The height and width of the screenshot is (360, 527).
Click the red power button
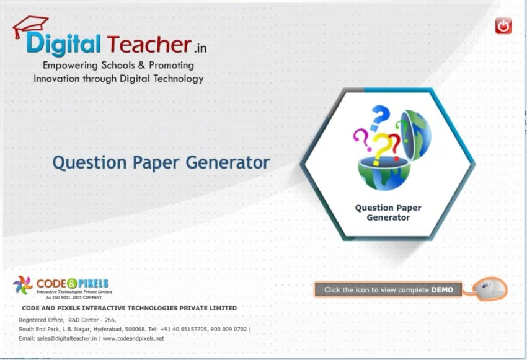[503, 25]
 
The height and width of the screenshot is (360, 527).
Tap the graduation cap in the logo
[30, 25]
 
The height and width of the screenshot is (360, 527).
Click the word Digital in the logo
[63, 44]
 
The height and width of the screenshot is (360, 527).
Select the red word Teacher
[149, 44]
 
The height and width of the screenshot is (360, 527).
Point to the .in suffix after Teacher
[200, 48]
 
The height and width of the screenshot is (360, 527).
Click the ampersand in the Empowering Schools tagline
[141, 65]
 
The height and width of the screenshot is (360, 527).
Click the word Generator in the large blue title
[228, 163]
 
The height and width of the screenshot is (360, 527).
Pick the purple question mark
[362, 140]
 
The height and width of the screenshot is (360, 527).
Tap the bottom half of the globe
[384, 173]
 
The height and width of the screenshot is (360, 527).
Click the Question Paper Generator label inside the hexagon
[388, 213]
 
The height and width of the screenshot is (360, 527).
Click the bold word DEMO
[442, 289]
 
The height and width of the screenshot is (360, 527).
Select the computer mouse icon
[489, 289]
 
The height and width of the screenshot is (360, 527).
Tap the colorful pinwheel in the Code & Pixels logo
[23, 285]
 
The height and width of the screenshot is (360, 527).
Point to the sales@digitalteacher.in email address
[67, 338]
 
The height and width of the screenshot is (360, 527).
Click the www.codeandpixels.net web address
[133, 338]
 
